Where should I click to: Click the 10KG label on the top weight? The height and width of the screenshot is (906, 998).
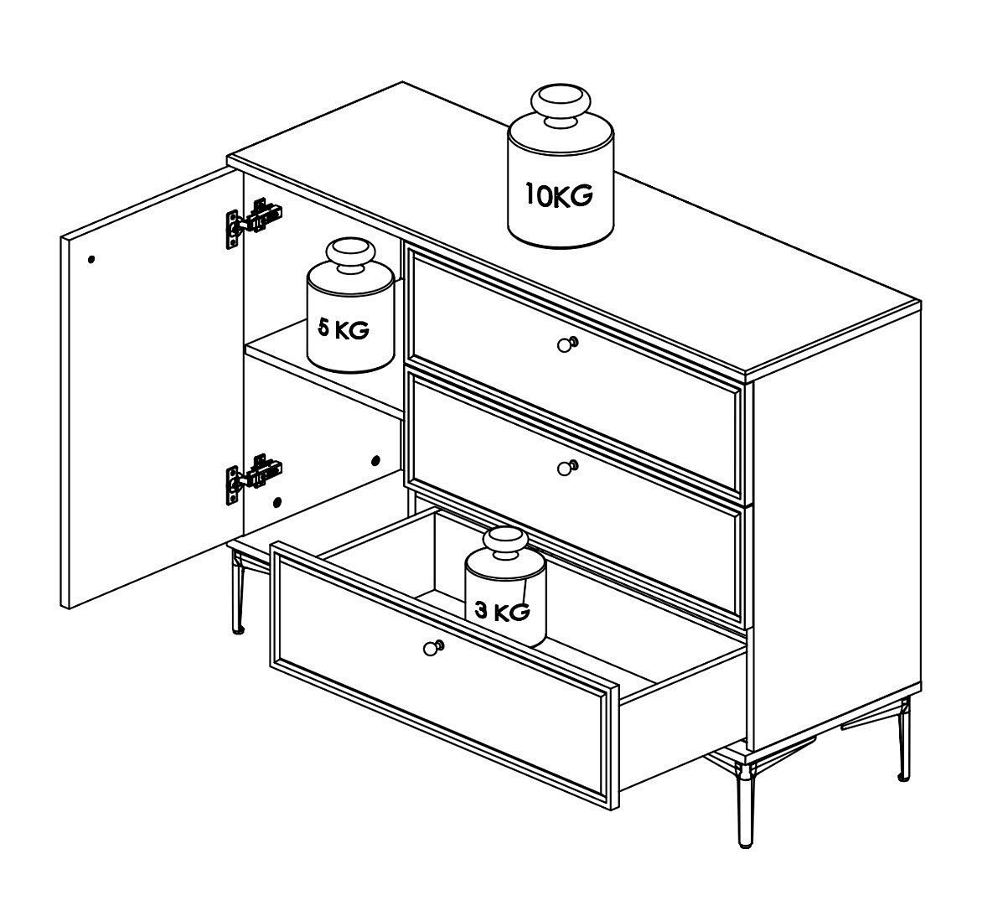tap(559, 194)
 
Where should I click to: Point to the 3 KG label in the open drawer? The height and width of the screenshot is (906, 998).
tap(503, 612)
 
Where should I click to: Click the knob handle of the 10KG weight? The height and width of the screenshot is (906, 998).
tap(561, 105)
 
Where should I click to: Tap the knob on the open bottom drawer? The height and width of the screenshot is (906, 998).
tap(433, 648)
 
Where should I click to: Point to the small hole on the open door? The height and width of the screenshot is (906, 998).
tap(91, 259)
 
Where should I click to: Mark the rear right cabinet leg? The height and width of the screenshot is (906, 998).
tap(904, 738)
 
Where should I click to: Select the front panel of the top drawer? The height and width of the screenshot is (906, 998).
tap(576, 317)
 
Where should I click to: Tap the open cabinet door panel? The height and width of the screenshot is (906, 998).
tap(153, 388)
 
